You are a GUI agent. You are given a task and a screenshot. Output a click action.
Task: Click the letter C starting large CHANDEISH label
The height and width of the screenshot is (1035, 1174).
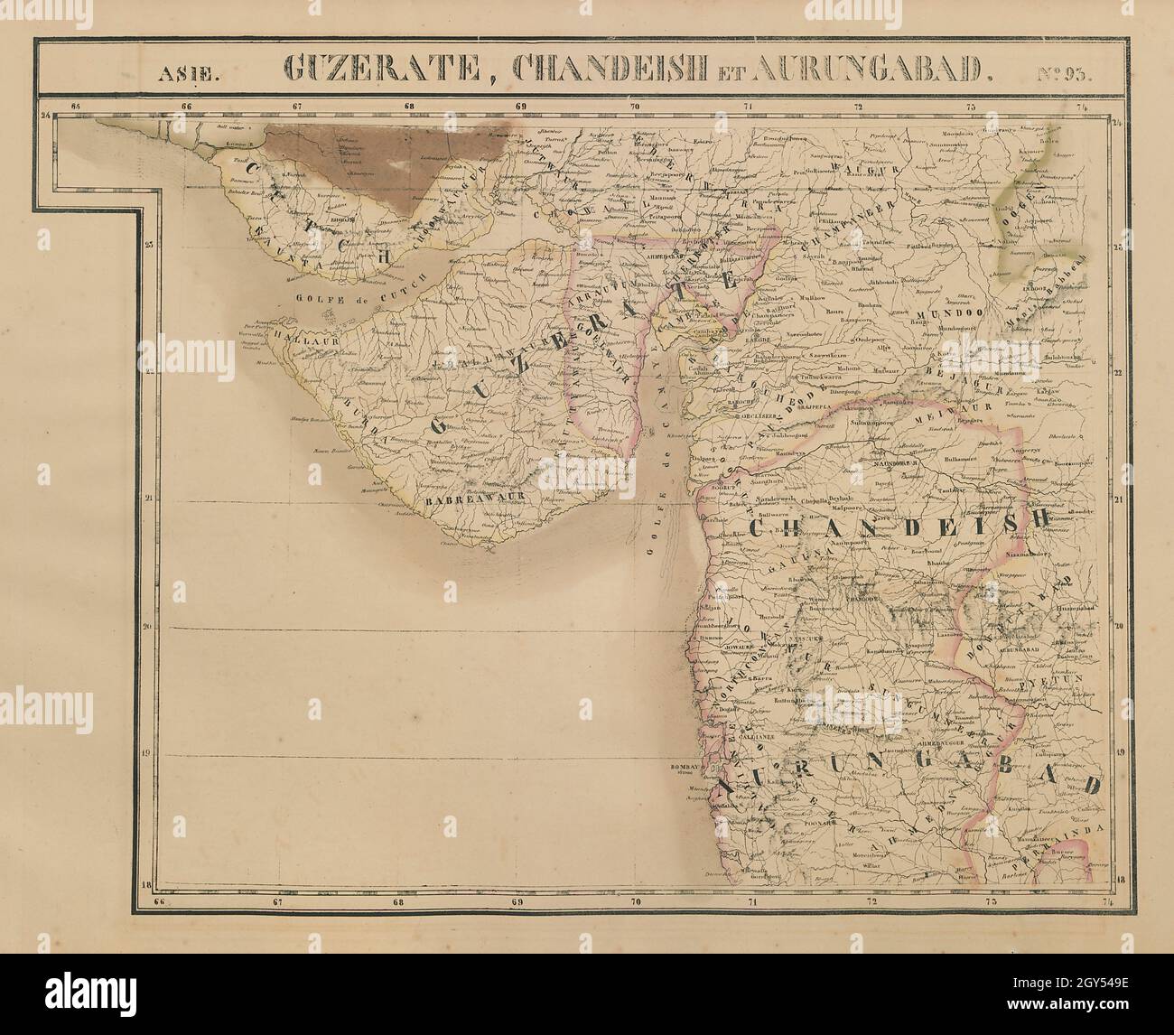click(762, 527)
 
